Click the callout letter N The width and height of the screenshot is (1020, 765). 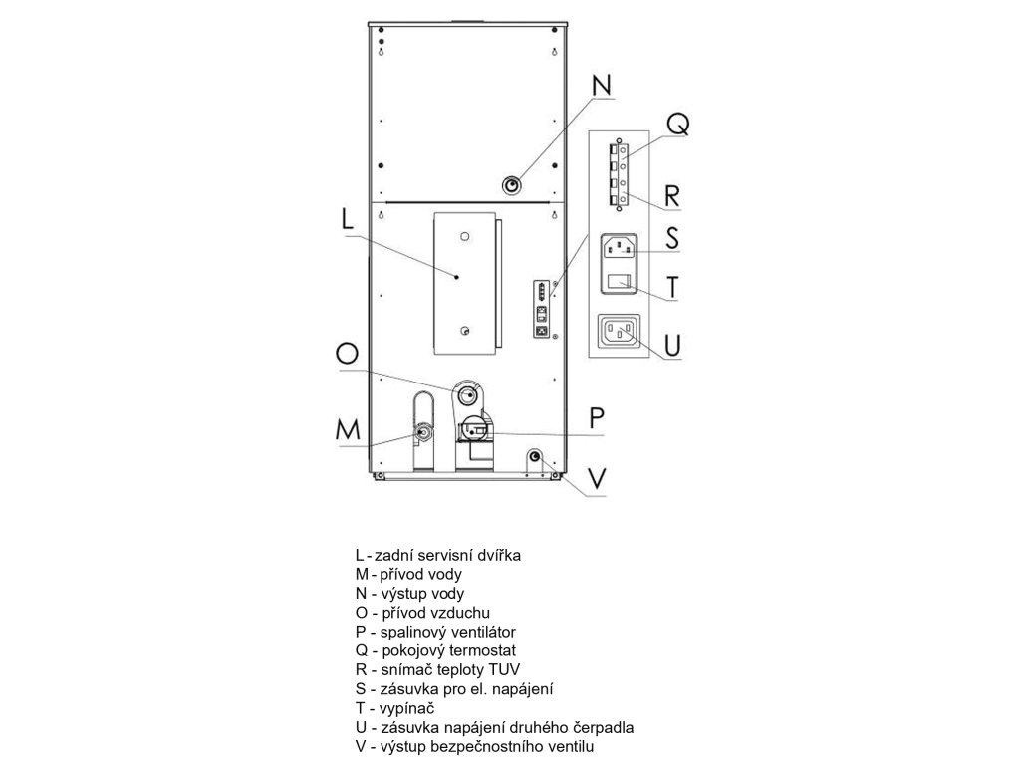(x=602, y=86)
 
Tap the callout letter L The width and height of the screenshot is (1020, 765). (x=346, y=220)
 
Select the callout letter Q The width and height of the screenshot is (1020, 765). (x=676, y=124)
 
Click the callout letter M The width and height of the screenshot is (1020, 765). (x=347, y=429)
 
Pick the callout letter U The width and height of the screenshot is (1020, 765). (x=672, y=346)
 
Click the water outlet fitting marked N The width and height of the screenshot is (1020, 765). (x=513, y=185)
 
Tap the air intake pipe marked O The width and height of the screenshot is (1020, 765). (x=466, y=394)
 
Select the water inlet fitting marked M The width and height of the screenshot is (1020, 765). (x=424, y=432)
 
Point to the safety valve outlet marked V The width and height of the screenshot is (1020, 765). (x=535, y=457)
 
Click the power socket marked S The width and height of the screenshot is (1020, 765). (x=620, y=246)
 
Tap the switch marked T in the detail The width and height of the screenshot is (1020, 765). (x=620, y=283)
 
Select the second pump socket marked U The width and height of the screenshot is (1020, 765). (x=620, y=333)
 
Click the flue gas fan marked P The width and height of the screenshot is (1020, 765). (x=473, y=431)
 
